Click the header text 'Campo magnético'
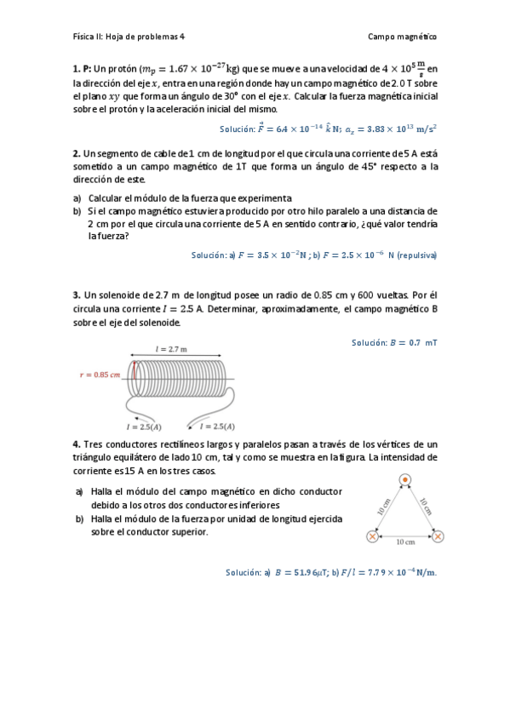coord(403,37)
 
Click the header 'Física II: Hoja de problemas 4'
coord(129,37)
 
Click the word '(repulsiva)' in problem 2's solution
coord(417,255)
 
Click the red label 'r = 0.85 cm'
coord(99,374)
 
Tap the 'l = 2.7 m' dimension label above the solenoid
coord(171,349)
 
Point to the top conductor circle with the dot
coord(405,480)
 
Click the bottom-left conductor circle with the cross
coord(372,536)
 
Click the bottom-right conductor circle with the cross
coord(438,536)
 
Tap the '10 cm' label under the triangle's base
coord(405,541)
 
